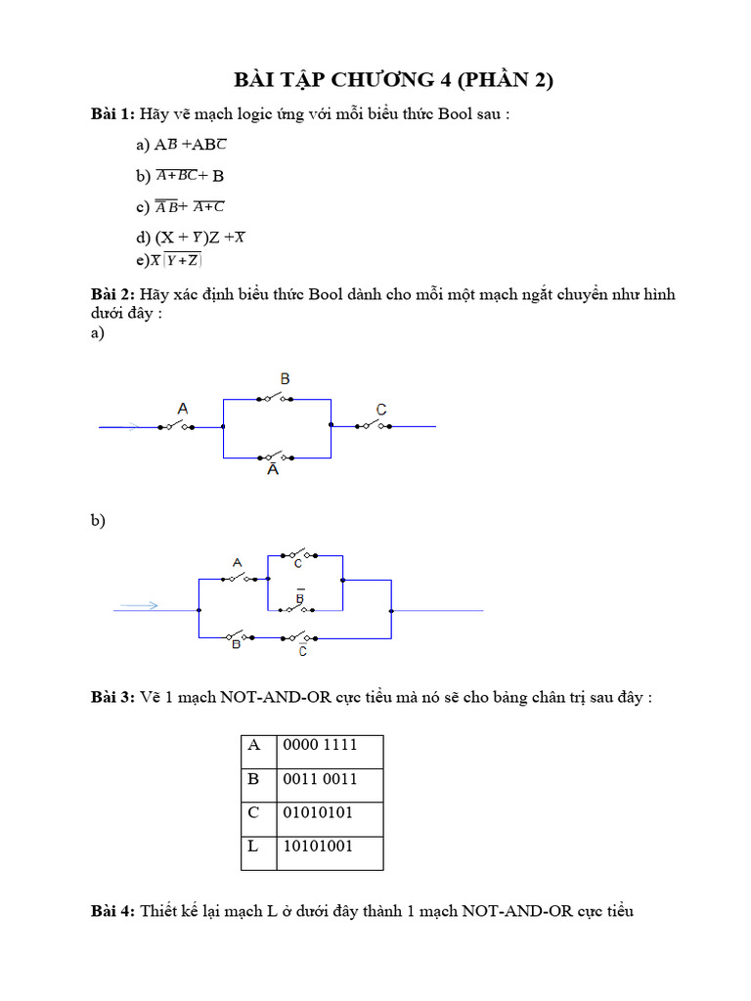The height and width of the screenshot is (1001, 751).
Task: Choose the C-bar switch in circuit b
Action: (x=297, y=637)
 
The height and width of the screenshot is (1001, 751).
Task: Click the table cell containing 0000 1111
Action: (x=329, y=746)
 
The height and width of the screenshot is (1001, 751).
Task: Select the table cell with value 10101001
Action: (x=329, y=847)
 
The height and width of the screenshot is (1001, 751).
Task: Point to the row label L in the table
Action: (x=253, y=847)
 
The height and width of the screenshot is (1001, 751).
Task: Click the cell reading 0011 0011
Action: (x=329, y=779)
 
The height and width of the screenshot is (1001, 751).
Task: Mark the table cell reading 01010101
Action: (x=329, y=813)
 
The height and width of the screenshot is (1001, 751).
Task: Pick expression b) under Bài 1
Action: (x=181, y=177)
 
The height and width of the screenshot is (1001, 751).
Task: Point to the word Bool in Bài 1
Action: (x=455, y=114)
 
